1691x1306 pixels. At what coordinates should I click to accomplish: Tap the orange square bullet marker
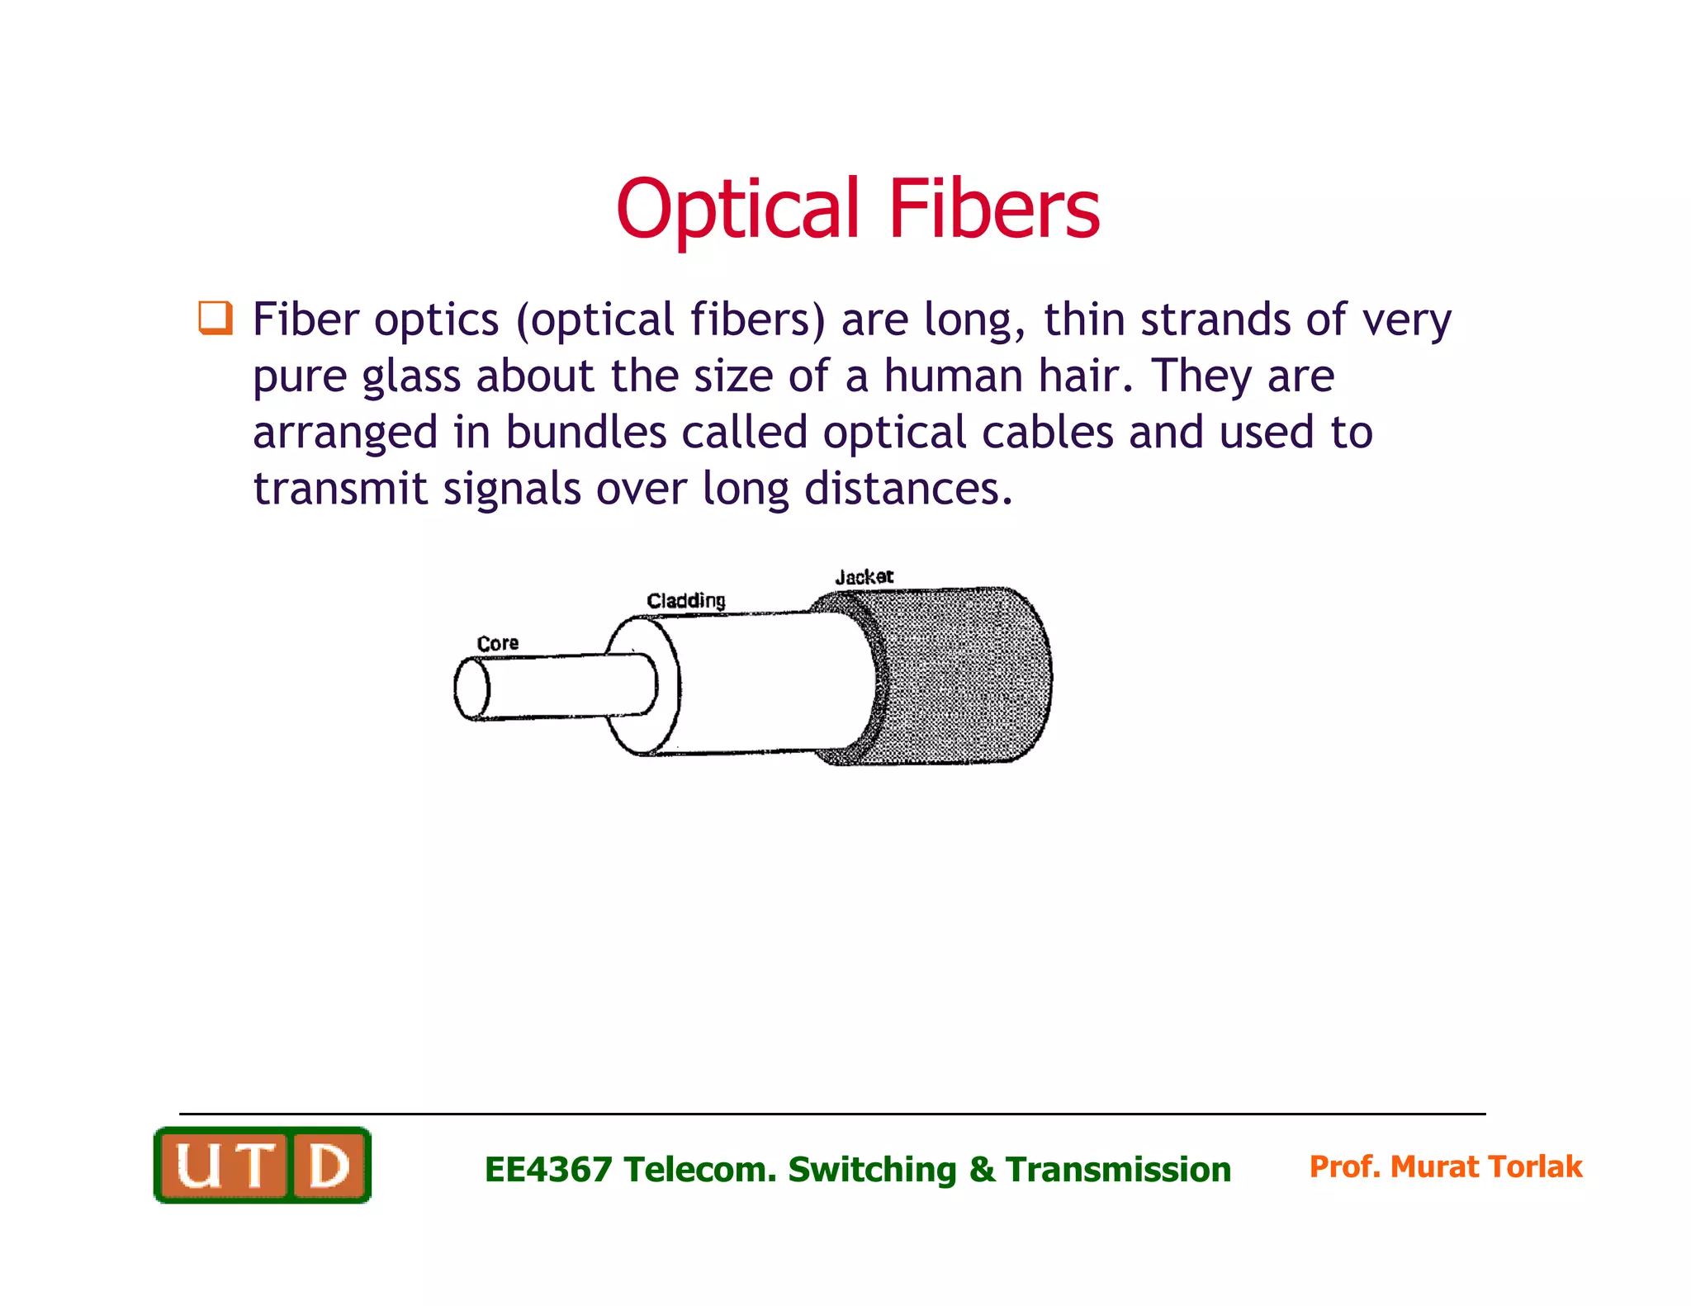click(215, 318)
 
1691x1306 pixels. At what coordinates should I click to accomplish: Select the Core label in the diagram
click(497, 643)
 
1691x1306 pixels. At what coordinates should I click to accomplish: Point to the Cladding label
click(685, 600)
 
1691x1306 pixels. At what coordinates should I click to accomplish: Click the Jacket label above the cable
click(864, 576)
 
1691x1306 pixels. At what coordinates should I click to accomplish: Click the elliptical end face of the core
click(472, 688)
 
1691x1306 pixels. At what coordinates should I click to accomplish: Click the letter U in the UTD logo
click(199, 1166)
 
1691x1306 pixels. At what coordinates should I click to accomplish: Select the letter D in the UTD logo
click(328, 1166)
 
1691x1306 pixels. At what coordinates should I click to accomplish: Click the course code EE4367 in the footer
click(548, 1170)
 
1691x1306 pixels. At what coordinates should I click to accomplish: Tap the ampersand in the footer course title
click(982, 1170)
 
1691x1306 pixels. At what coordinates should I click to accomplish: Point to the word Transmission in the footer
click(1118, 1170)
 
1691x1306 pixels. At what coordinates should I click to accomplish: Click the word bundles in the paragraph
click(585, 432)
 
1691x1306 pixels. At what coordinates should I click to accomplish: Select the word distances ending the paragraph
click(907, 488)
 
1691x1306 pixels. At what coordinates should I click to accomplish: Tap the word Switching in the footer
click(872, 1170)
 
